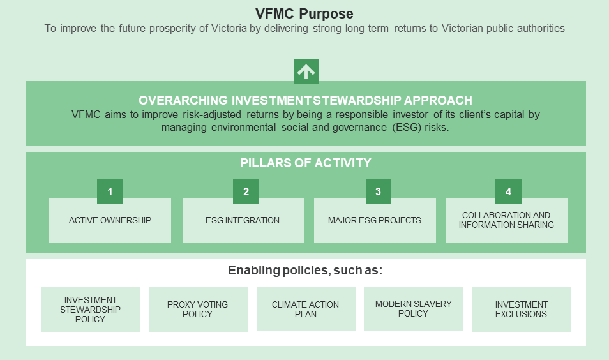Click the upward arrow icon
[x=306, y=71]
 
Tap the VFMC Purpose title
[x=304, y=13]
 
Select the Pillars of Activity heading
[x=306, y=163]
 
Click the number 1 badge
[x=110, y=191]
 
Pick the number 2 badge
[x=246, y=191]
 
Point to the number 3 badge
[x=379, y=191]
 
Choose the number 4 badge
[x=508, y=191]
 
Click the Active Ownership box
[x=110, y=220]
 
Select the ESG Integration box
[x=243, y=220]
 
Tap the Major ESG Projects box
[x=375, y=220]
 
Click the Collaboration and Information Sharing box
[x=506, y=220]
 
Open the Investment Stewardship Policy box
[x=90, y=310]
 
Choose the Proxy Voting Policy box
[x=198, y=310]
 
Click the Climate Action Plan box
[x=306, y=309]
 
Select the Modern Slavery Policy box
[x=413, y=309]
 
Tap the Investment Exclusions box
[x=521, y=310]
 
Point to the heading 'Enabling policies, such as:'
[x=305, y=270]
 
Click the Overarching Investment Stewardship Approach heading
[x=305, y=100]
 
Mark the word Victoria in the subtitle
[x=229, y=28]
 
